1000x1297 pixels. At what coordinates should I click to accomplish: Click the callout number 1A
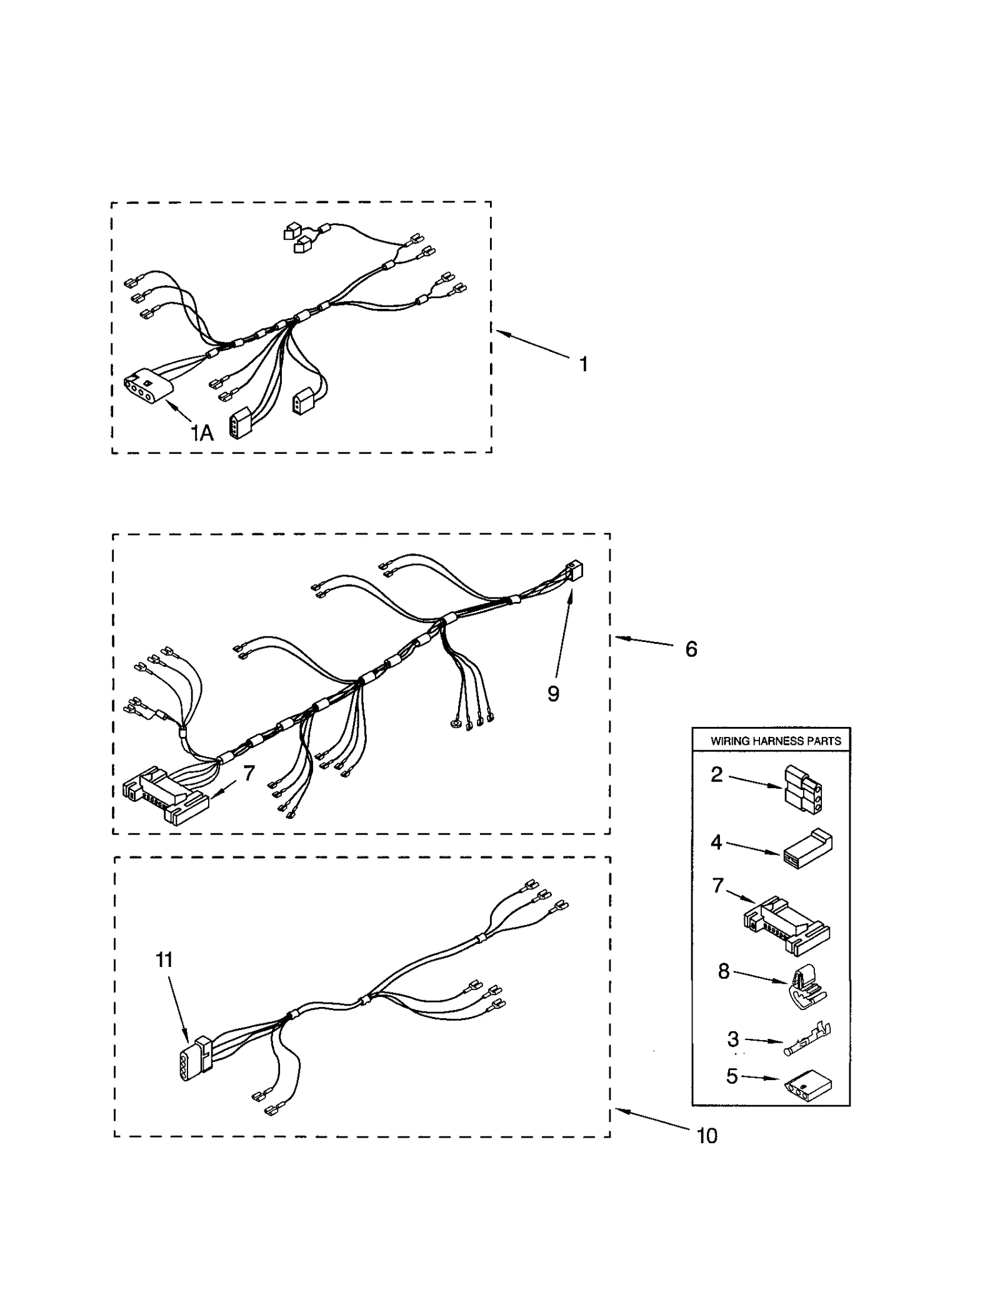202,433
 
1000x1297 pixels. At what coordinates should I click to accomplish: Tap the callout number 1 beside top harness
583,364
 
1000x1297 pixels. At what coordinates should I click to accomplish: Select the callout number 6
691,649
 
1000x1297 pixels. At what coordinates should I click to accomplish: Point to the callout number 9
553,693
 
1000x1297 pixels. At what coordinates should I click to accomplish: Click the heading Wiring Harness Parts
776,741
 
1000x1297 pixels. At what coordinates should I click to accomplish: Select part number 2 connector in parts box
803,789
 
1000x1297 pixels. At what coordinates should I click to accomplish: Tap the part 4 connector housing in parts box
807,851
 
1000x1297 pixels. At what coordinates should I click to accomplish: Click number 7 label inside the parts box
717,886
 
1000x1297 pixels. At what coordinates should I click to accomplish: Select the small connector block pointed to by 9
572,571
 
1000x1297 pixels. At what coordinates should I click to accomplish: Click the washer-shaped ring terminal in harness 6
452,725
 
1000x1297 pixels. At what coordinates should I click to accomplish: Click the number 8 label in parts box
724,971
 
